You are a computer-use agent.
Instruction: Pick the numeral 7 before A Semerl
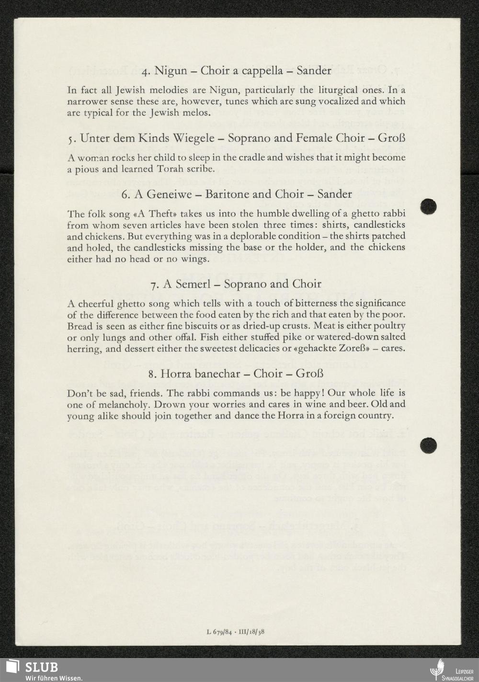coord(153,284)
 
